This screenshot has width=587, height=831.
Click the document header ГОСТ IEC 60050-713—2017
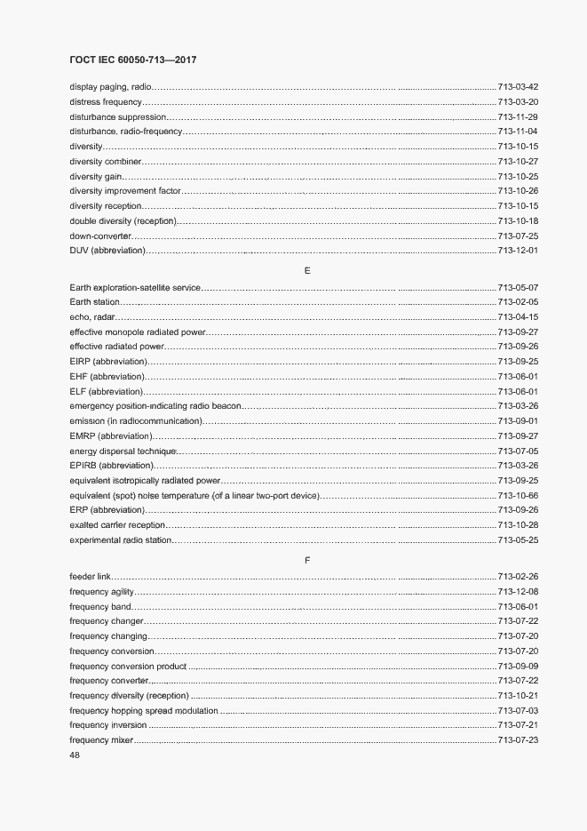(x=132, y=60)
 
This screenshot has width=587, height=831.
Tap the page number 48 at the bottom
(x=75, y=755)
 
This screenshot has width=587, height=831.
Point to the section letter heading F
(x=306, y=560)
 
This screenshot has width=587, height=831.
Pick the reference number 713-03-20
(x=519, y=102)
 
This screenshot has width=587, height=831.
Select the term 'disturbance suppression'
(x=117, y=117)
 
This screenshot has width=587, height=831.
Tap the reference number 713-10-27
(x=519, y=162)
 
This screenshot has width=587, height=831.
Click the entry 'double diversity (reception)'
(x=123, y=220)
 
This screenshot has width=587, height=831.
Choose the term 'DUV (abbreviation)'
(x=107, y=251)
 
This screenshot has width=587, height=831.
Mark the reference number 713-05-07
(x=519, y=288)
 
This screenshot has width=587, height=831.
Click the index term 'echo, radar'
(x=92, y=317)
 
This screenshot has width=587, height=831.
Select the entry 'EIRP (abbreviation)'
(x=107, y=362)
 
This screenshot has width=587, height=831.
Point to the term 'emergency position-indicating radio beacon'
(x=155, y=406)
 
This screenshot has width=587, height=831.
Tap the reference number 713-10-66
(x=519, y=495)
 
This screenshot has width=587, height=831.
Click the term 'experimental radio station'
(x=120, y=539)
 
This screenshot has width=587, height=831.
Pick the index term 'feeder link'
(x=91, y=577)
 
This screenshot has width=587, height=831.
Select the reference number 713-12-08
(x=519, y=592)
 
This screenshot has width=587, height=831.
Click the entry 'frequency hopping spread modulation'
(x=143, y=710)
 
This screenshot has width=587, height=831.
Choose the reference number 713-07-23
(x=519, y=739)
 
